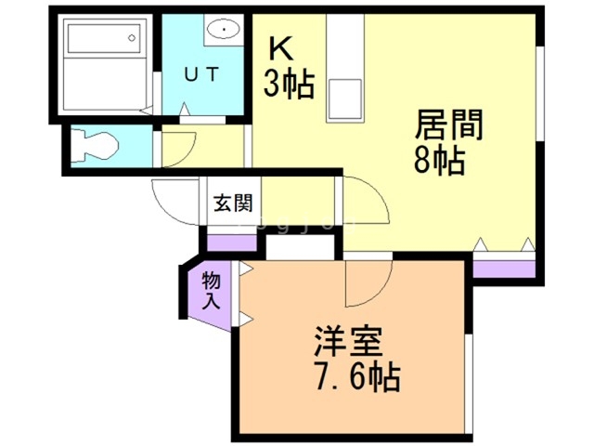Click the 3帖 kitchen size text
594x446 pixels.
288,85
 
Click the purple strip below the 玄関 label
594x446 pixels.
230,244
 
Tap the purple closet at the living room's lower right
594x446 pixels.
504,269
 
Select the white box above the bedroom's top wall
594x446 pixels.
298,248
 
